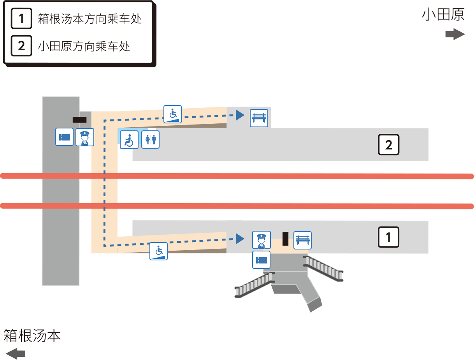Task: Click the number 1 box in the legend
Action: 21,18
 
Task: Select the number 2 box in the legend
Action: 21,46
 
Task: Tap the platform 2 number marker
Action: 388,144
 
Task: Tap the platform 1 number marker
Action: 388,237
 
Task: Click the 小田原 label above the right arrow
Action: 443,15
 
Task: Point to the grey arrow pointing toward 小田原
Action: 455,34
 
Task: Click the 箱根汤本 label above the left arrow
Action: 32,336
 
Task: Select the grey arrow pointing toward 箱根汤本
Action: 16,353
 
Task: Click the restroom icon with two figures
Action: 150,139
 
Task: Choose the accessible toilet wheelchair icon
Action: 129,140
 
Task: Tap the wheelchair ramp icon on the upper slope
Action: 172,114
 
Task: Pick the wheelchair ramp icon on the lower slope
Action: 158,251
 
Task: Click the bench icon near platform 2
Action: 259,118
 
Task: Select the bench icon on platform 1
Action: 302,241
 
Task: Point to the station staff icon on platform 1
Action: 262,240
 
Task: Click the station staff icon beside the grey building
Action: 85,137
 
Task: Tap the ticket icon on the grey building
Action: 64,137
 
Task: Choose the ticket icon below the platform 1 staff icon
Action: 261,260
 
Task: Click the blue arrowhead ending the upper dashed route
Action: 240,115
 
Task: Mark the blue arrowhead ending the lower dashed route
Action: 240,239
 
